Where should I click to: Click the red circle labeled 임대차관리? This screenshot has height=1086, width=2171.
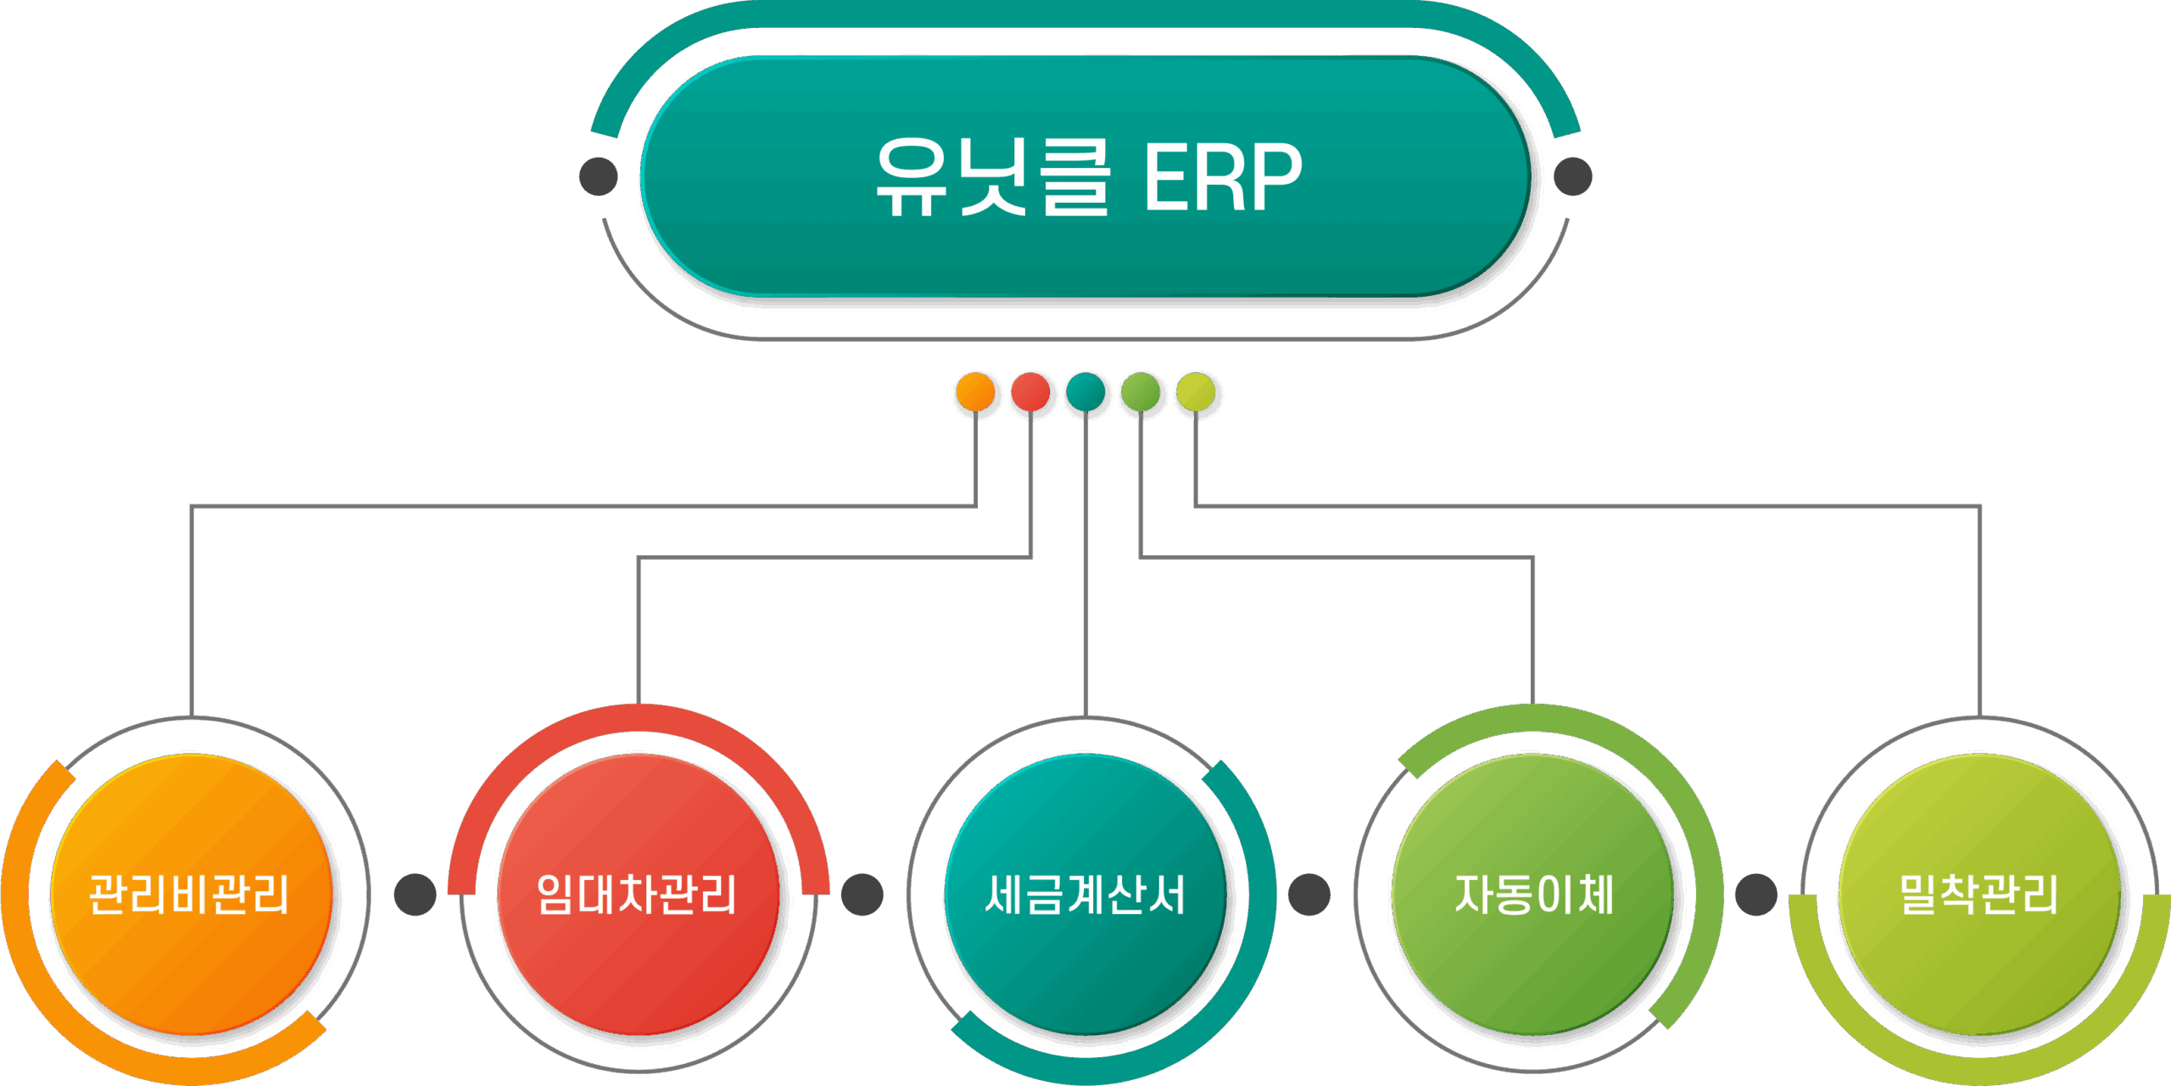tap(638, 894)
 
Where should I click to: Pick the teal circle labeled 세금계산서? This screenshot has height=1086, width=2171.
tap(1085, 894)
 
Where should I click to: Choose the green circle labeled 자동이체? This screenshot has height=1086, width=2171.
tap(1533, 894)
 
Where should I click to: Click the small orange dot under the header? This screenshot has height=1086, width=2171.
tap(975, 393)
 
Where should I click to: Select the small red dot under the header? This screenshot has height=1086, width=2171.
tap(1030, 393)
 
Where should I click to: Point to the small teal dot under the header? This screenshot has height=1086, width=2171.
tap(1086, 393)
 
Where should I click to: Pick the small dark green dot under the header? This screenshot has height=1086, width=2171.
tap(1141, 393)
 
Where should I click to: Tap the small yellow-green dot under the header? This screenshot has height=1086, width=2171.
tap(1197, 393)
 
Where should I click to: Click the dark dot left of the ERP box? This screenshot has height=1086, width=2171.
tap(599, 176)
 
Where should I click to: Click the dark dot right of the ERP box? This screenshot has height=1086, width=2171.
tap(1573, 176)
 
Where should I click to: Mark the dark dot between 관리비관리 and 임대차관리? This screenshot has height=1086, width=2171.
tap(416, 894)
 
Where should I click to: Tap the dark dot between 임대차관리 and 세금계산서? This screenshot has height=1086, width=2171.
tap(862, 894)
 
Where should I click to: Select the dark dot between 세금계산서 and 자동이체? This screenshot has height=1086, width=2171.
tap(1309, 894)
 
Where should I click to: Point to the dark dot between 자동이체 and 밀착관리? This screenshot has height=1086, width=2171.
tap(1756, 894)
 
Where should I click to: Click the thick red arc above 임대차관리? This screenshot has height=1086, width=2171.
tap(638, 718)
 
